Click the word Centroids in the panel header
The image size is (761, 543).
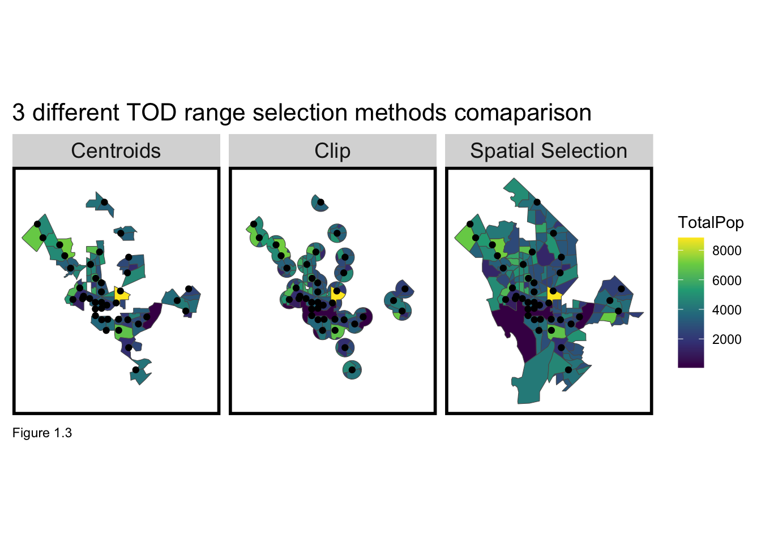(x=116, y=151)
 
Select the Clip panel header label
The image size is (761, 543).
(x=332, y=151)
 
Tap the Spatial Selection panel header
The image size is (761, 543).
(x=548, y=151)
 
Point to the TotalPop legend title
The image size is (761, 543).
(x=711, y=222)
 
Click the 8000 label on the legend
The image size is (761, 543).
(x=726, y=251)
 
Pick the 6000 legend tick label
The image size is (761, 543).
(x=726, y=281)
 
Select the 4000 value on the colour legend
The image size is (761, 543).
(x=726, y=310)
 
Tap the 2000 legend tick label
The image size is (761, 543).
(x=726, y=339)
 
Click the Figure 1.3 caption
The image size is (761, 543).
(x=42, y=433)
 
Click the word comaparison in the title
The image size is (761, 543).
(x=523, y=113)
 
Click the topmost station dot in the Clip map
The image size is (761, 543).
(x=320, y=202)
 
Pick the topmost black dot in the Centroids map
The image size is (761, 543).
(x=104, y=202)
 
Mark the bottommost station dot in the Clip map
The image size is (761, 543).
(x=352, y=370)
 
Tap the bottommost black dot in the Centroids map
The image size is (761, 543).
(x=135, y=370)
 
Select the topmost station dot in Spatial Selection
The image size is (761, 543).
(x=537, y=202)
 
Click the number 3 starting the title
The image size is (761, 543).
(x=19, y=113)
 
